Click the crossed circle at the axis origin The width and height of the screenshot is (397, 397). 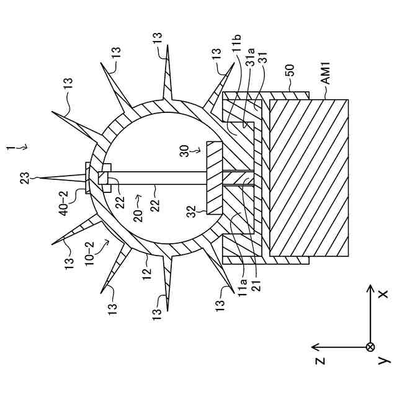pos(370,346)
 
